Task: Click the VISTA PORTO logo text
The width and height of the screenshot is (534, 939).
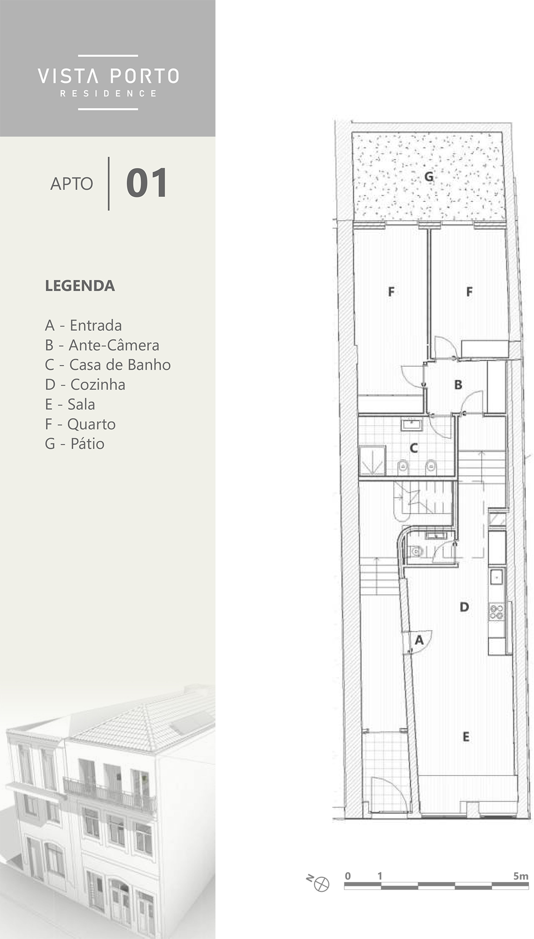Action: pyautogui.click(x=108, y=76)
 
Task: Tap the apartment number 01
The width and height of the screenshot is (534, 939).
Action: pyautogui.click(x=147, y=183)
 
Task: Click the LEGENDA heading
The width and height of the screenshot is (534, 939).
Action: pyautogui.click(x=80, y=285)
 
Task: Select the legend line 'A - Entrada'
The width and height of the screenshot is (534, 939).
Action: pyautogui.click(x=83, y=325)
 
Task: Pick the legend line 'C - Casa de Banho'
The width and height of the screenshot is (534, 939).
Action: pyautogui.click(x=108, y=364)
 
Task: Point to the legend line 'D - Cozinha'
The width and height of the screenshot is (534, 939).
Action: pyautogui.click(x=85, y=384)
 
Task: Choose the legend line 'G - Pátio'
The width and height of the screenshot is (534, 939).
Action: pyautogui.click(x=75, y=443)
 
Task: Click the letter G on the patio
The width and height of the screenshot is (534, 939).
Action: pyautogui.click(x=429, y=177)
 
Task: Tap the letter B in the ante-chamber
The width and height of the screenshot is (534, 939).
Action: pyautogui.click(x=458, y=384)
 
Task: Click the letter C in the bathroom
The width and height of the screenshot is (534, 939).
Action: pyautogui.click(x=413, y=448)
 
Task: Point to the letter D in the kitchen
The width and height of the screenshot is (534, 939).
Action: pyautogui.click(x=464, y=607)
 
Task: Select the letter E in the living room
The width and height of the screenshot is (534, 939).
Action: pyautogui.click(x=466, y=737)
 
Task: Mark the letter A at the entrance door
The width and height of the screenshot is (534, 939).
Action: pyautogui.click(x=419, y=640)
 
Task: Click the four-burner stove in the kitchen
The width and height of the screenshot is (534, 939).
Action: pyautogui.click(x=497, y=612)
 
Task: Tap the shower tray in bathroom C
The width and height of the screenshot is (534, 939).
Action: pyautogui.click(x=372, y=461)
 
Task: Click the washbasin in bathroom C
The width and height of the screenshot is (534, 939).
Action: pyautogui.click(x=412, y=425)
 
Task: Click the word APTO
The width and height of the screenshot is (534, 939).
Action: pyautogui.click(x=71, y=184)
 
